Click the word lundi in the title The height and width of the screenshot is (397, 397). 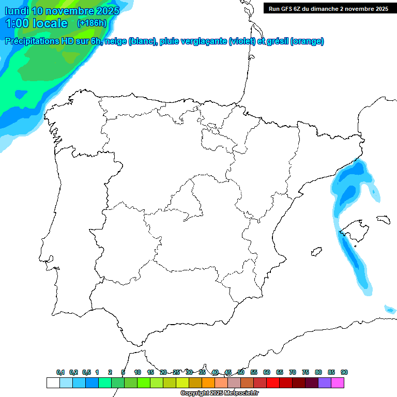17,10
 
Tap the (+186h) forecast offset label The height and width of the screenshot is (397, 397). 91,23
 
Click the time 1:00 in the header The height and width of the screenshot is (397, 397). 17,23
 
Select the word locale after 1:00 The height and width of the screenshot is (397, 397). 50,23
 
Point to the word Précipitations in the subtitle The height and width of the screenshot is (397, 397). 33,41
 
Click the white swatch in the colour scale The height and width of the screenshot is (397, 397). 53,383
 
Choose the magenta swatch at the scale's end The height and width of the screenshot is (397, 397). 338,383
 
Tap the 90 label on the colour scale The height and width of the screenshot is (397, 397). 344,372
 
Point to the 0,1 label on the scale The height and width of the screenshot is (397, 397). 60,372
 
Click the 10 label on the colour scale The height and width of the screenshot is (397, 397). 138,372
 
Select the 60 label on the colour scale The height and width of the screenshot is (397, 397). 267,372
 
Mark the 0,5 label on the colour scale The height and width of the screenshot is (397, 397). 86,372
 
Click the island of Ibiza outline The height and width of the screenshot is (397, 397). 314,252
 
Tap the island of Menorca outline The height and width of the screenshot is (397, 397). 383,219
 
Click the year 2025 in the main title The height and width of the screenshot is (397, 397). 104,10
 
